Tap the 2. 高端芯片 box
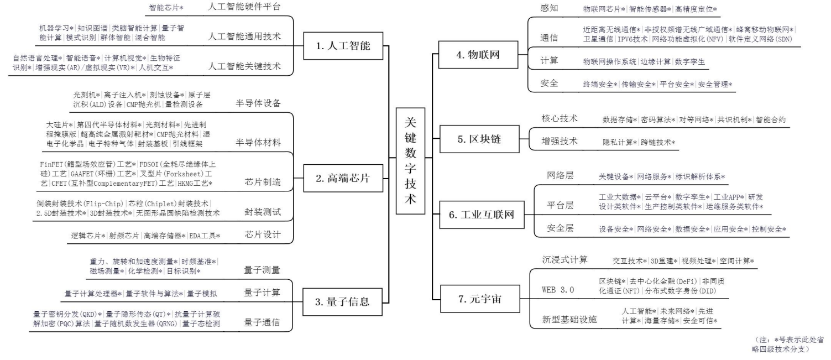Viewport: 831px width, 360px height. [343, 179]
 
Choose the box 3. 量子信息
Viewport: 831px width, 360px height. [343, 302]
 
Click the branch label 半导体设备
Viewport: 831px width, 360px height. [258, 103]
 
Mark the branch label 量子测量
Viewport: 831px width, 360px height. [262, 270]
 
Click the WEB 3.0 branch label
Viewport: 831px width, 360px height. [557, 290]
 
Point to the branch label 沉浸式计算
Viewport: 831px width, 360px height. [565, 259]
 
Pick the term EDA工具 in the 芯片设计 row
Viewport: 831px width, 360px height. [205, 236]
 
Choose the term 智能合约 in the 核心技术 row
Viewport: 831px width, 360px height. [770, 119]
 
